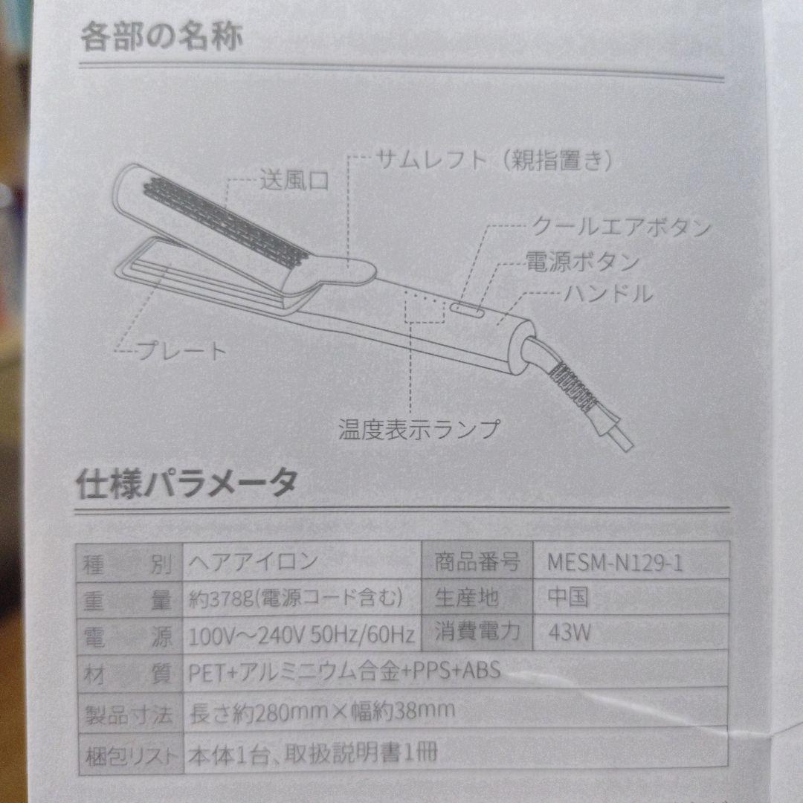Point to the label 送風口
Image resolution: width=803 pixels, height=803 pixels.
(293, 179)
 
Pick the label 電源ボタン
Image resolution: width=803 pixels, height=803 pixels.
(582, 262)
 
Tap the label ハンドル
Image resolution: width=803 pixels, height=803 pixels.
(608, 293)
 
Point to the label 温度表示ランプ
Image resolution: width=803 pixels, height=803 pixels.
(419, 429)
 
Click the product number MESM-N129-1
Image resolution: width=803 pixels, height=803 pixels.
(616, 563)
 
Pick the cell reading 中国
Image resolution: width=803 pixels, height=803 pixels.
(568, 598)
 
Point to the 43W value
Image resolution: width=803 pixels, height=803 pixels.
(570, 633)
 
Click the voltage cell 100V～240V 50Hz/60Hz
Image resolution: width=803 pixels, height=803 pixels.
(301, 636)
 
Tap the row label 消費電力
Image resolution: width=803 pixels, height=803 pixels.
(477, 633)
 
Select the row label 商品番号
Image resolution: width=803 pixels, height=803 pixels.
(477, 562)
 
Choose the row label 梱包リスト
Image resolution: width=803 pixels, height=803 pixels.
(130, 755)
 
